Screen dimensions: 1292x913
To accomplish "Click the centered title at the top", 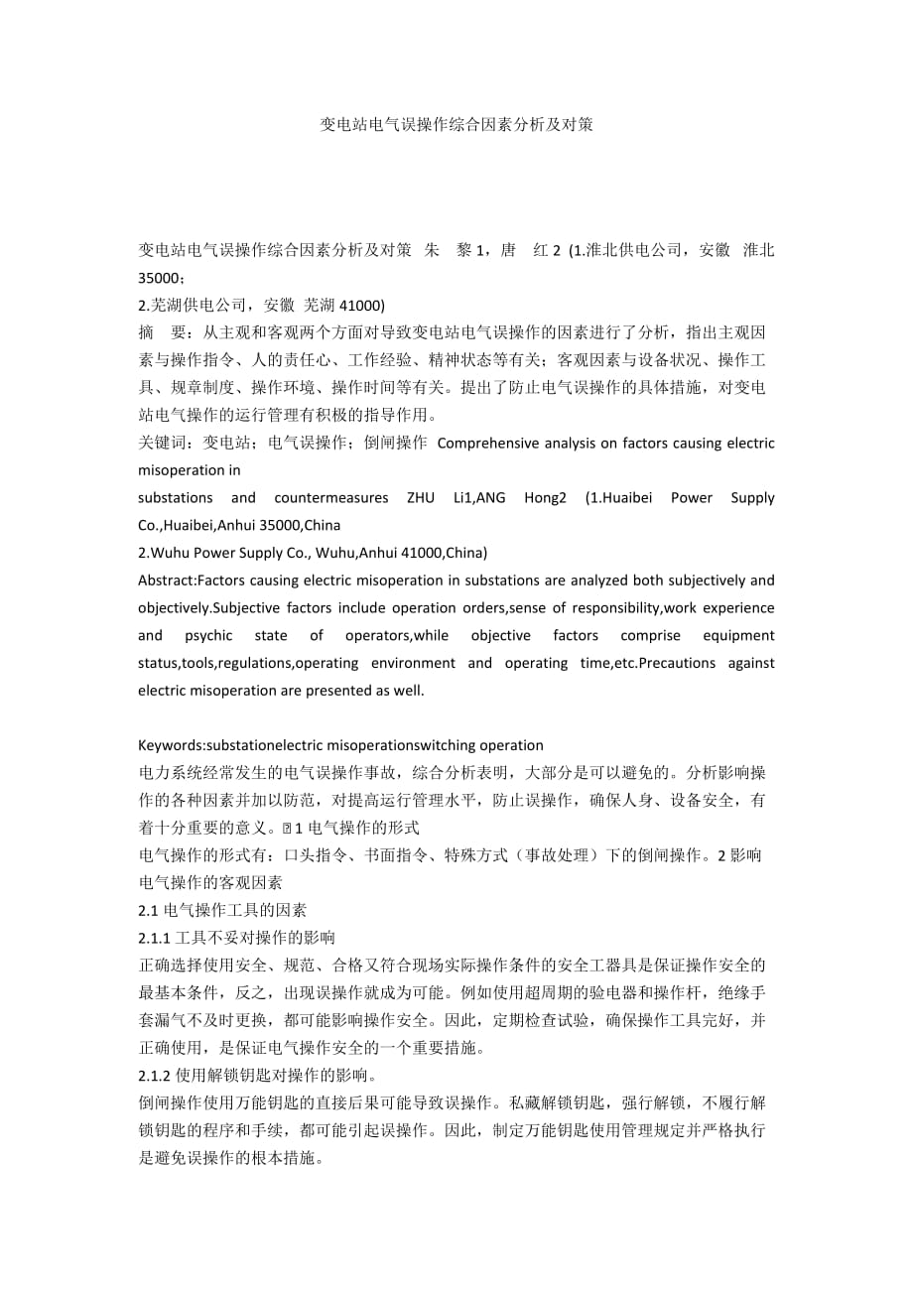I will tap(456, 125).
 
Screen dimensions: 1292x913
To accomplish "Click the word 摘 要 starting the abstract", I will tap(160, 332).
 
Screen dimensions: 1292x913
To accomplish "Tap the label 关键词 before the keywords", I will tap(160, 443).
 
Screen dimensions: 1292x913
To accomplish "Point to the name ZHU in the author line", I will tap(420, 497).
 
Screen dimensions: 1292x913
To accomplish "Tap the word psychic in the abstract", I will tap(207, 635).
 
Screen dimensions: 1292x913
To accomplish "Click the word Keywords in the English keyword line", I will tap(170, 744).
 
